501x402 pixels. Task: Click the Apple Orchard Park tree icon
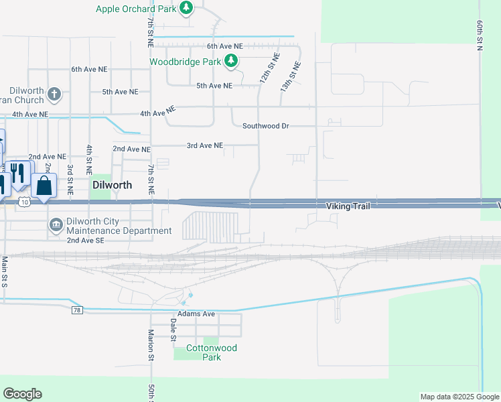187,9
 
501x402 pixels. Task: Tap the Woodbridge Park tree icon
231,62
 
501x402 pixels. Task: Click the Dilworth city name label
112,184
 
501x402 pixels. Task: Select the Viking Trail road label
348,206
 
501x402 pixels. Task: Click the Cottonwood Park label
212,352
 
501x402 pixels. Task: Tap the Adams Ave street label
196,314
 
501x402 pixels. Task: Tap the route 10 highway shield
24,201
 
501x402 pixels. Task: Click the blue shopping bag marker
44,186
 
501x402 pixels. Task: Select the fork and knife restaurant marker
19,173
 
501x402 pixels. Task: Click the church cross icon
55,94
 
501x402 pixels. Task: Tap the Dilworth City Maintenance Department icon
56,224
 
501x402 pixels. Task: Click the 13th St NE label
291,76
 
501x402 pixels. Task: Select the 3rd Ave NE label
204,145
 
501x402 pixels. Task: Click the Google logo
22,394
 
